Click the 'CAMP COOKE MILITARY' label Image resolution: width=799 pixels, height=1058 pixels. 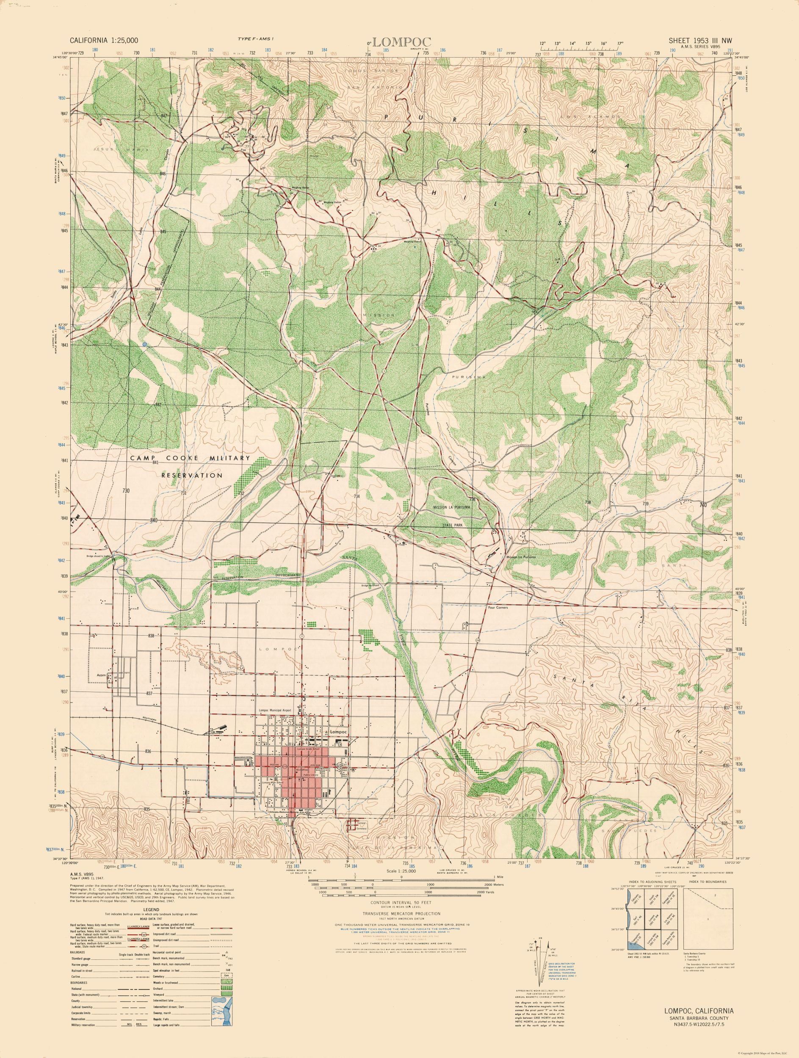click(191, 458)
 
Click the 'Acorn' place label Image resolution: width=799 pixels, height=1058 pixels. click(101, 675)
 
